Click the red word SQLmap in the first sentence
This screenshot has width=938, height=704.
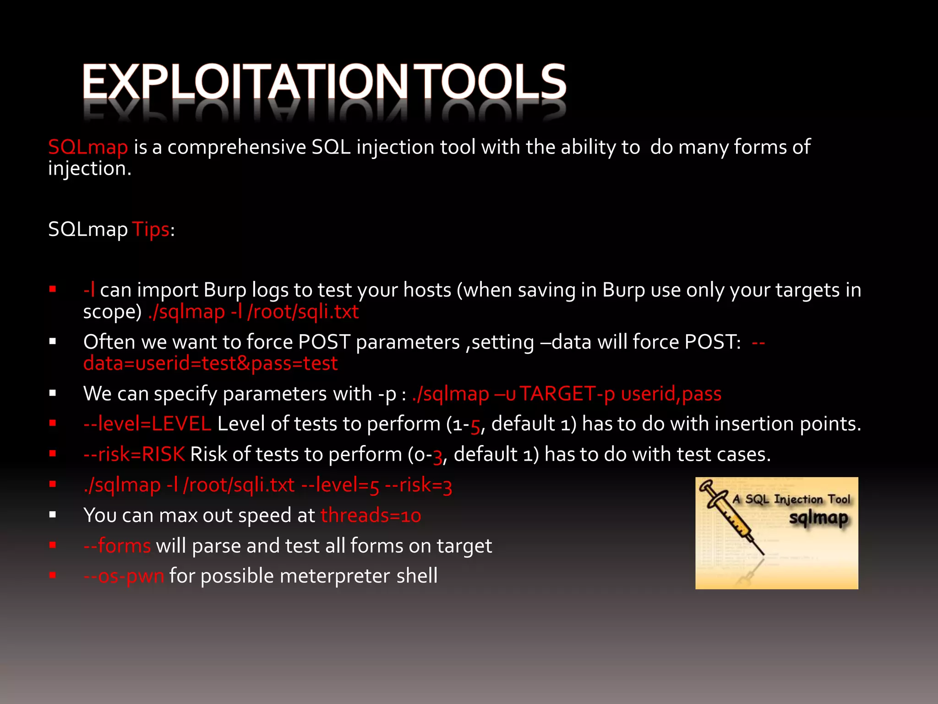[88, 148]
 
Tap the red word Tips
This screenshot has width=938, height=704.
[151, 229]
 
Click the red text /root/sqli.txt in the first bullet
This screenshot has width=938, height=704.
[303, 312]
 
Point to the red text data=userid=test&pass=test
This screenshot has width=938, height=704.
[210, 363]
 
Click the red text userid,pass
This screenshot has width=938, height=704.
[671, 394]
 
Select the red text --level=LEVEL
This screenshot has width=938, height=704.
[147, 424]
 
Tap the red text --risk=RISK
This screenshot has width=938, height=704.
[134, 455]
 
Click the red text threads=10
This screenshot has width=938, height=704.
[371, 516]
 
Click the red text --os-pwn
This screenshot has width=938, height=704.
[124, 576]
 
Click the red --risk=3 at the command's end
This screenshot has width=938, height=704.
[418, 485]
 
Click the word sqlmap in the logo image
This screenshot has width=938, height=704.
[818, 518]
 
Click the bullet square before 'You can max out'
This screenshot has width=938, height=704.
[53, 515]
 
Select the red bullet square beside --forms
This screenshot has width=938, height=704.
[53, 545]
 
